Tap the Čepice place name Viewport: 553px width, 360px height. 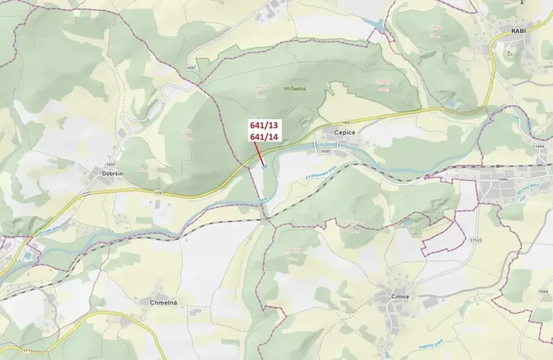pyautogui.click(x=345, y=132)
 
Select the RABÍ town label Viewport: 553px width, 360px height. pyautogui.click(x=517, y=31)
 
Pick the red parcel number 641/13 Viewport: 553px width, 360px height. pyautogui.click(x=263, y=125)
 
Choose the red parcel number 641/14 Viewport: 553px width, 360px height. pyautogui.click(x=263, y=136)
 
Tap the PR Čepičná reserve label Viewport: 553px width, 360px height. pyautogui.click(x=295, y=89)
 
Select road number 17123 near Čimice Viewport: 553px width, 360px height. pyautogui.click(x=475, y=240)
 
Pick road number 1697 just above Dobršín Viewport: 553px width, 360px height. pyautogui.click(x=111, y=164)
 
